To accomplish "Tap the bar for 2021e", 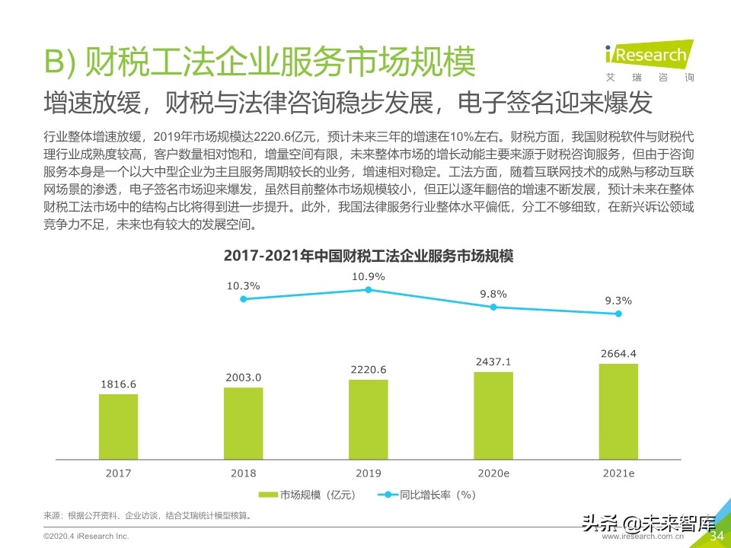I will click(x=618, y=412).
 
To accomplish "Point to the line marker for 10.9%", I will click(x=369, y=290).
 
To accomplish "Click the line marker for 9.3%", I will click(x=618, y=315).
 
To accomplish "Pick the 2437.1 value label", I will click(x=493, y=362).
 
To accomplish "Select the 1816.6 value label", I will click(x=118, y=384).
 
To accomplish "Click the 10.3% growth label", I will click(x=243, y=286).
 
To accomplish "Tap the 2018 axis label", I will click(x=243, y=473).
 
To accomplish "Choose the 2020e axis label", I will click(x=493, y=473).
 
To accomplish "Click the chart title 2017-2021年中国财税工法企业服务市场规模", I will click(x=369, y=256).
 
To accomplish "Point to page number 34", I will click(x=717, y=536).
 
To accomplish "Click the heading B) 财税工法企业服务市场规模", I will click(x=260, y=62).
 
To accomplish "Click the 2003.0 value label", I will click(x=243, y=378).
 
